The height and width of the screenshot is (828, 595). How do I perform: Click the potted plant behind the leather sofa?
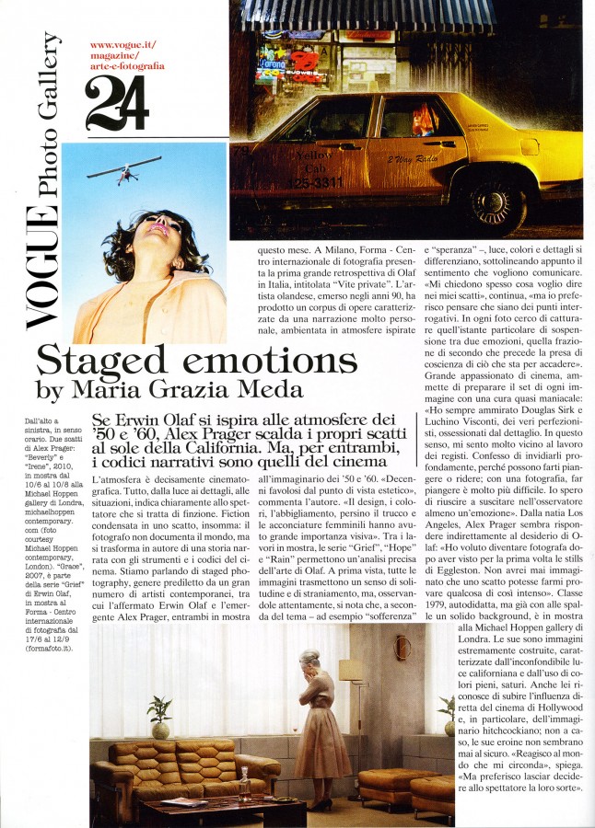pyautogui.click(x=159, y=713)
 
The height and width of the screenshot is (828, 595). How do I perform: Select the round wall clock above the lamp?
pyautogui.click(x=402, y=648)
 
